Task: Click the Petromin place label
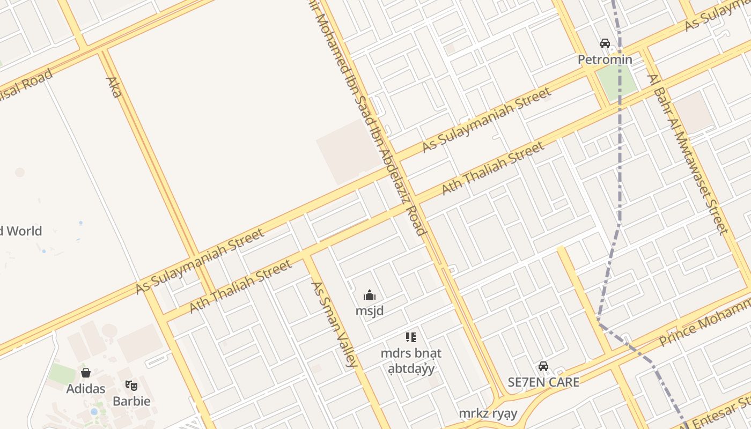click(605, 60)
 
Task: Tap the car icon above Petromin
click(605, 43)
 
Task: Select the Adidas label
click(86, 388)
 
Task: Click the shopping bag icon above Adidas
click(86, 373)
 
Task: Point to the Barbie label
click(131, 401)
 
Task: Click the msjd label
click(370, 310)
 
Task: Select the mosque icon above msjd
click(370, 295)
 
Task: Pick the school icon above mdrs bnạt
click(411, 337)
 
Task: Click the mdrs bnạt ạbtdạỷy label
click(411, 361)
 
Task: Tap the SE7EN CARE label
click(543, 382)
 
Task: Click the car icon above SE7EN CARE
click(543, 366)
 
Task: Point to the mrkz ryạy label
click(488, 413)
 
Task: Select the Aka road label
click(113, 87)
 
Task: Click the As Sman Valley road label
click(334, 324)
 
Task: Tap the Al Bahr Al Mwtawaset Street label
click(688, 153)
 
